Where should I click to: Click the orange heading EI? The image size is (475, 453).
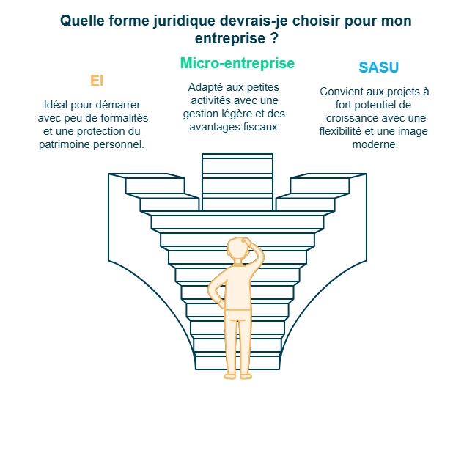(96, 81)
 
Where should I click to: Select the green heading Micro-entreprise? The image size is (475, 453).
(237, 64)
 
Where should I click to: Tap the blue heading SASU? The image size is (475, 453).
(378, 67)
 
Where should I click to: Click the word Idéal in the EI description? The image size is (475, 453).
(58, 105)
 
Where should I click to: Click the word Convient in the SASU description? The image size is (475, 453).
(341, 92)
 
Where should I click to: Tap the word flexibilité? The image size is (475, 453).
(345, 131)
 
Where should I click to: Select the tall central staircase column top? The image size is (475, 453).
(237, 157)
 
